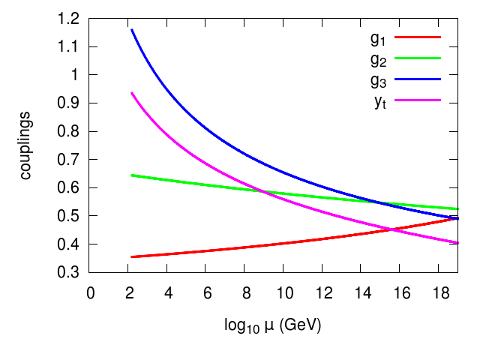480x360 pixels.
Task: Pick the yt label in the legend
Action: point(380,101)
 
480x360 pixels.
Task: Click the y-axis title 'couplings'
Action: point(26,145)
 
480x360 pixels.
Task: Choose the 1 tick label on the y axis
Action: point(78,75)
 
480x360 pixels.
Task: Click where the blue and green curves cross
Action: point(380,203)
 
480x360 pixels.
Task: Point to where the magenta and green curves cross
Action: point(263,190)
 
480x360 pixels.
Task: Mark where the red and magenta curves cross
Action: point(391,229)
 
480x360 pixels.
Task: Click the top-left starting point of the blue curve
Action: point(131,29)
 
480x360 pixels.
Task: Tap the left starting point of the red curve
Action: point(131,256)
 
